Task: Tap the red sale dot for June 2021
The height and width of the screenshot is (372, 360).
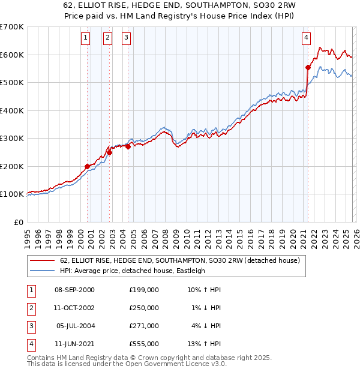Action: pyautogui.click(x=308, y=67)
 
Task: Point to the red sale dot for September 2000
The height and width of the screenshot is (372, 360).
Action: pyautogui.click(x=87, y=166)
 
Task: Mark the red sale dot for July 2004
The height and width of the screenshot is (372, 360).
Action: pyautogui.click(x=128, y=146)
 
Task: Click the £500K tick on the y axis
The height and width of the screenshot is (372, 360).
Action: pyautogui.click(x=12, y=82)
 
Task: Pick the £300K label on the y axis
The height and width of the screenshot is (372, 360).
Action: pyautogui.click(x=12, y=138)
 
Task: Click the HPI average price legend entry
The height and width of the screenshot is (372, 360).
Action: pyautogui.click(x=132, y=271)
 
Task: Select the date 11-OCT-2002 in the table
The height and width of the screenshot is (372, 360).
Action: pyautogui.click(x=74, y=308)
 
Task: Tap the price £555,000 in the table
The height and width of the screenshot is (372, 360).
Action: pyautogui.click(x=144, y=344)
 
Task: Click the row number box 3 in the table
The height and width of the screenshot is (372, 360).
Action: pyautogui.click(x=31, y=326)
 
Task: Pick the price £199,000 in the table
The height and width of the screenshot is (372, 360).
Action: pyautogui.click(x=144, y=290)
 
